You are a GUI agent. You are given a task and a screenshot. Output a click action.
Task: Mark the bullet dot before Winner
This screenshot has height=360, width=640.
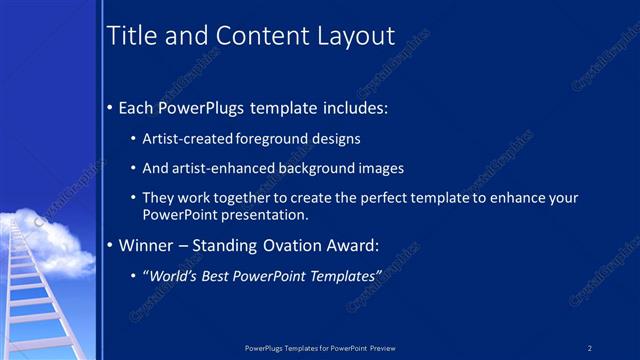click(x=110, y=245)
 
